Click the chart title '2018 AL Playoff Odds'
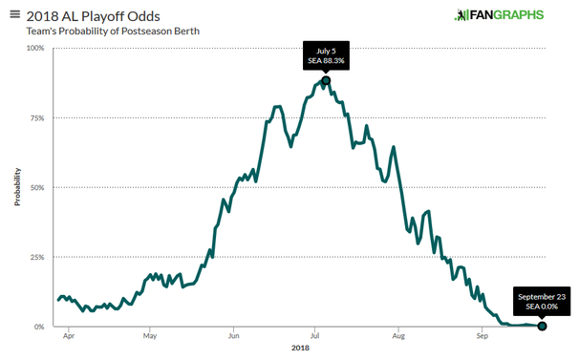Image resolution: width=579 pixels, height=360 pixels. [x=78, y=15]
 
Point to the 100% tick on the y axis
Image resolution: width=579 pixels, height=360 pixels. [x=34, y=48]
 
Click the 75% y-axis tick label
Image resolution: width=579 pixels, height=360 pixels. [x=36, y=117]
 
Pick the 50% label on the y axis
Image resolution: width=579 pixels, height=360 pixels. [x=36, y=187]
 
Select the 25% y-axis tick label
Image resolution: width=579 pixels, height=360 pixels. [x=36, y=257]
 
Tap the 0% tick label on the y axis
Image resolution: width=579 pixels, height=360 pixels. [x=39, y=327]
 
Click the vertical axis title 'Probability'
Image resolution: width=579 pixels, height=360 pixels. [x=17, y=188]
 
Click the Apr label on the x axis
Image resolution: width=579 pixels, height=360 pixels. [x=68, y=336]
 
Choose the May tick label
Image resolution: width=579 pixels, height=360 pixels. [x=150, y=336]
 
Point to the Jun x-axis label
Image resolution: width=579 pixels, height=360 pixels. [x=234, y=336]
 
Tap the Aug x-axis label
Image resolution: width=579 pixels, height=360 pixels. [x=399, y=336]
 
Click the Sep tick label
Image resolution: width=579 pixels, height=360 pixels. [x=482, y=336]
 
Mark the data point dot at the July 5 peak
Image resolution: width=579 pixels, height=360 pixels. [x=326, y=80]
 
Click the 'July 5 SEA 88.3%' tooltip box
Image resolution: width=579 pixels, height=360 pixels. [x=326, y=55]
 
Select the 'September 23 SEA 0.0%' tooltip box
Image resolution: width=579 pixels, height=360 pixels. [x=542, y=301]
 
